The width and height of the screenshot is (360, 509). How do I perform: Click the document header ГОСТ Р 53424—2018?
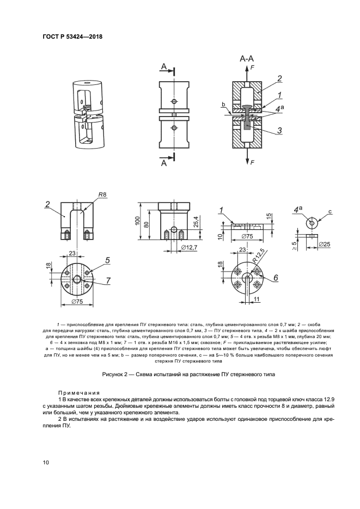72,36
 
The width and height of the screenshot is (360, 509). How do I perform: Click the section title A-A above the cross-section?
247,58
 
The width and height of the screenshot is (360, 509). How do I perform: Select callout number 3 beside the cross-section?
279,130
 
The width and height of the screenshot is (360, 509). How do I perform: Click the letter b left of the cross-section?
223,104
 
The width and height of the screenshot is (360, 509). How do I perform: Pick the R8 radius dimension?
102,194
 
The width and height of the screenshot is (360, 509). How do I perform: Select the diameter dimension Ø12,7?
187,247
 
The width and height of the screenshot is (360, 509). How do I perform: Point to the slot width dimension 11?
257,299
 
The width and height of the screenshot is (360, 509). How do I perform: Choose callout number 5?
107,260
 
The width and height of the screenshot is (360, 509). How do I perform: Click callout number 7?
108,280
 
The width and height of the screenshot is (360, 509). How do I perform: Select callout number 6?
276,278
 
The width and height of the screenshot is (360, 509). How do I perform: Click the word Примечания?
79,392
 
